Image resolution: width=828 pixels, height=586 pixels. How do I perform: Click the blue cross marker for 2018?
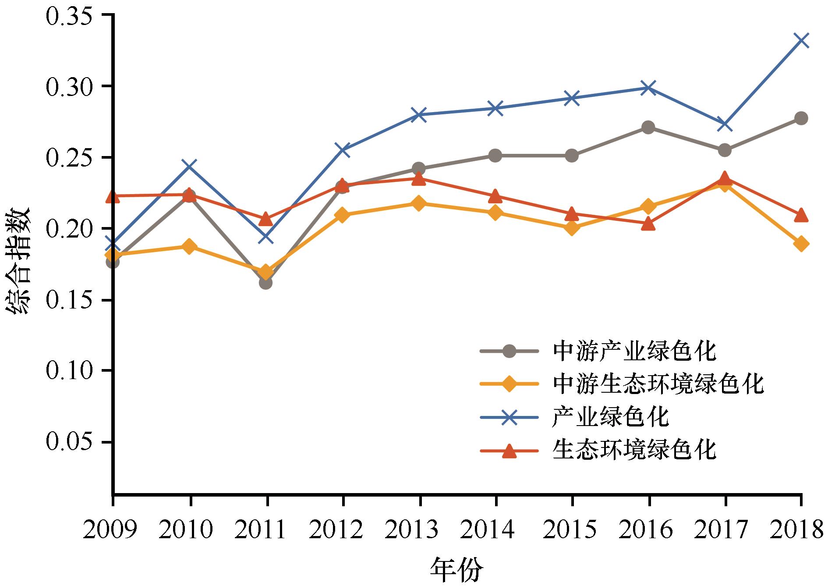coord(801,40)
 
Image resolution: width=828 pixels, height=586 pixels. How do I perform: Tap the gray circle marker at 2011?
coord(266,283)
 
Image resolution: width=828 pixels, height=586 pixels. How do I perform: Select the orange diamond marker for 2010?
coord(190,246)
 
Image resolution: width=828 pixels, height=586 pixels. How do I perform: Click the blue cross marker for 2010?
coord(190,166)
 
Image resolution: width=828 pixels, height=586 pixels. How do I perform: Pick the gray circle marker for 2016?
coord(648,128)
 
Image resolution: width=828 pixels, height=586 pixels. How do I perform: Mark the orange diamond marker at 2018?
coord(801,244)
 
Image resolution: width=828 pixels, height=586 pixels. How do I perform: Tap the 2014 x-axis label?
coord(496,530)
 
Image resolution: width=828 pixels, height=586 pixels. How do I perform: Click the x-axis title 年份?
coord(457,570)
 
